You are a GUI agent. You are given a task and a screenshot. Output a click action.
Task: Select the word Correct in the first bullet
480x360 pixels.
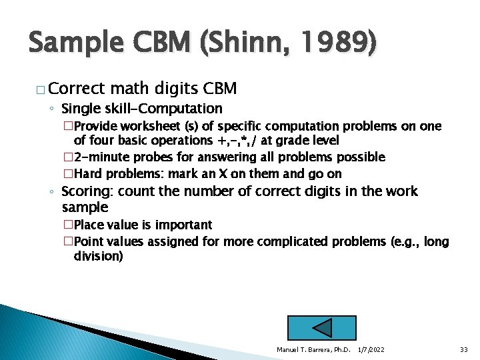coord(77,89)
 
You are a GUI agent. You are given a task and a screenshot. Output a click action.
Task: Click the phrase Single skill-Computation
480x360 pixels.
coord(141,108)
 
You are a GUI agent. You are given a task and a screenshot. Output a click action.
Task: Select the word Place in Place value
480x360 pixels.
coord(89,225)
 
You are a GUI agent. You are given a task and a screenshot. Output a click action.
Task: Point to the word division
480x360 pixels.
coord(98,256)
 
